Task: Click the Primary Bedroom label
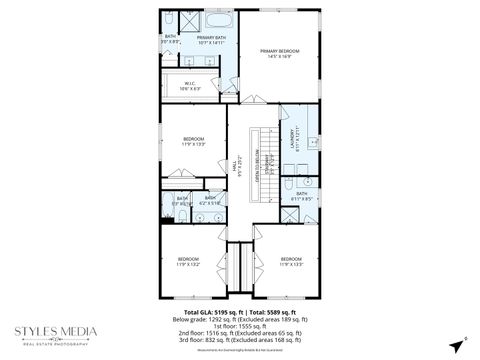pos(280,53)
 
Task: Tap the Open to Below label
pos(257,160)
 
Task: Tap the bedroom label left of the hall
pos(193,141)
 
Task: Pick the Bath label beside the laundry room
pos(301,196)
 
